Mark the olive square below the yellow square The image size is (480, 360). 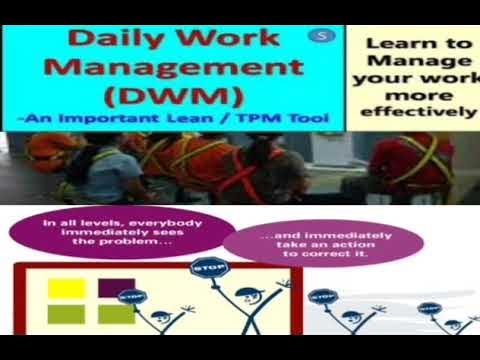pos(67,314)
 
